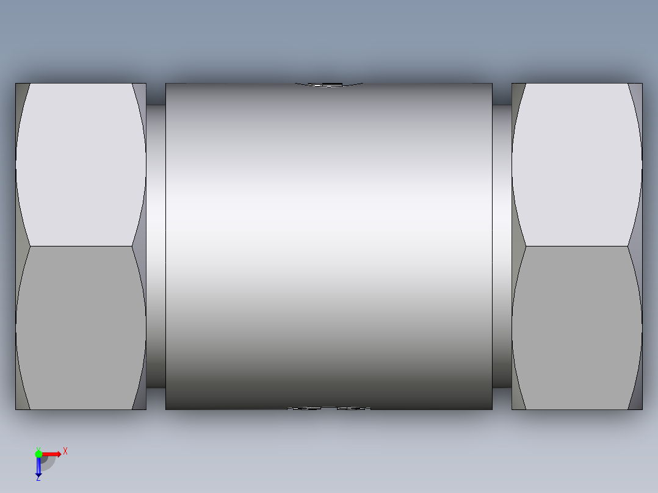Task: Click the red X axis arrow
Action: coord(52,453)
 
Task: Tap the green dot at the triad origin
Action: coord(38,453)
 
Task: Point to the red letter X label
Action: coord(65,451)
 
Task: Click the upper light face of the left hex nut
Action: coord(81,165)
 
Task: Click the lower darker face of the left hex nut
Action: coord(81,328)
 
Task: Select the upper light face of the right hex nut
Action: coord(577,165)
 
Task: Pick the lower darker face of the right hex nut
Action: coord(577,328)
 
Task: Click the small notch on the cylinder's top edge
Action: coord(330,84)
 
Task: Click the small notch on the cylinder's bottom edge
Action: coord(330,408)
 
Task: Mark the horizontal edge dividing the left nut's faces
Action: coord(81,246)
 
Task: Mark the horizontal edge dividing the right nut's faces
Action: coord(577,246)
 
